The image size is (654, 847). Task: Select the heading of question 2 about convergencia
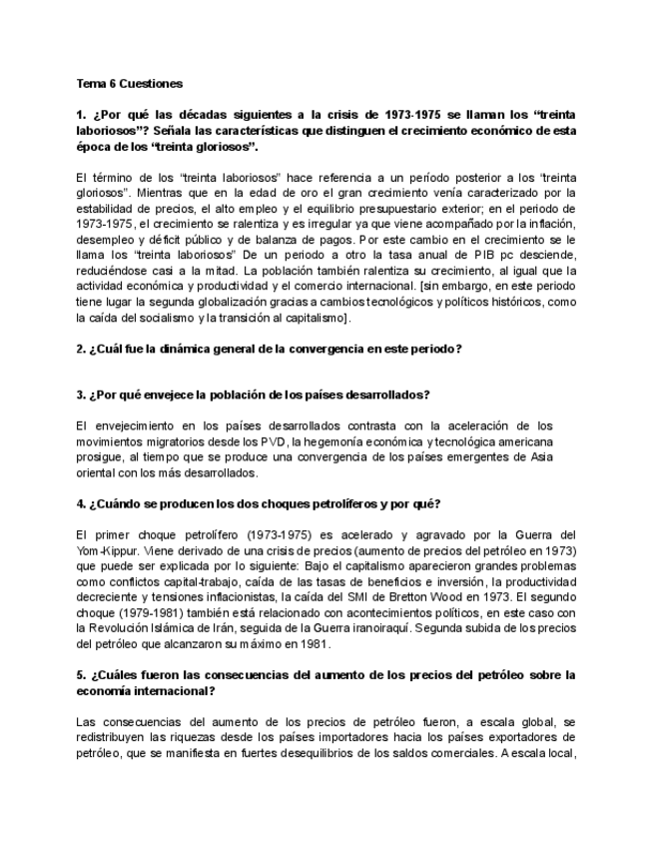(x=269, y=349)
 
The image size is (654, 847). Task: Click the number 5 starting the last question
(x=80, y=675)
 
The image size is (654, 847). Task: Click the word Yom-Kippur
(x=109, y=550)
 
